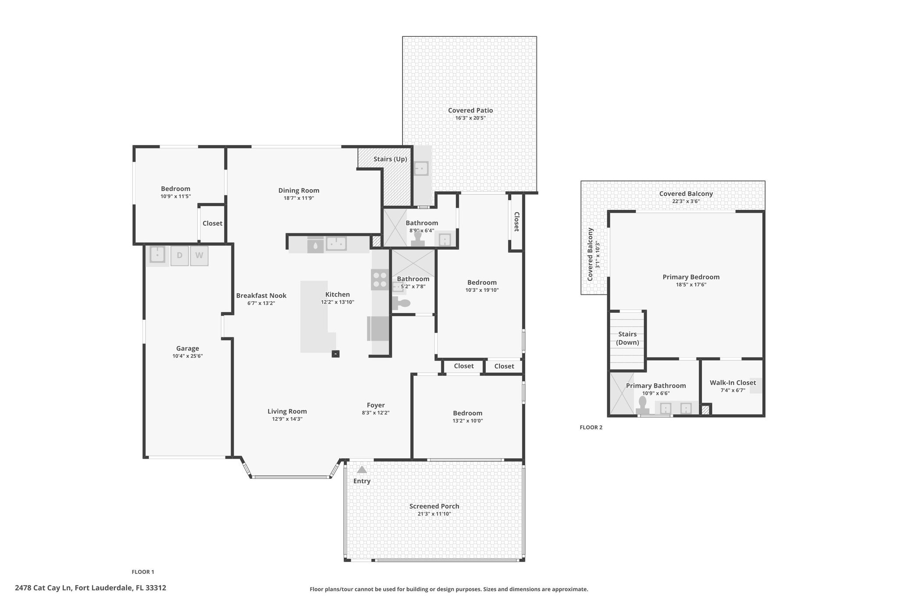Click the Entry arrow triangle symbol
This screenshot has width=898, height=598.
pos(362,470)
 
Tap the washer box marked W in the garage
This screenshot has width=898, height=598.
pos(199,255)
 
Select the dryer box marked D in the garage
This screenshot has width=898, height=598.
pos(179,255)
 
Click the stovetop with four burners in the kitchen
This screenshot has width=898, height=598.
pos(380,280)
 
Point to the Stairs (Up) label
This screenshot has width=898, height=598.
pos(390,159)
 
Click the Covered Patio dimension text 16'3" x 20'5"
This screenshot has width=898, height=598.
pos(470,118)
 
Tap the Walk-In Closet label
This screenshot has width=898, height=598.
pos(733,382)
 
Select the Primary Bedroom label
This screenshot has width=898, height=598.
pos(691,277)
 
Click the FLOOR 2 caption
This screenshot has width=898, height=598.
pos(591,428)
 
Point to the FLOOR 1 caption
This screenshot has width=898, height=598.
pos(143,572)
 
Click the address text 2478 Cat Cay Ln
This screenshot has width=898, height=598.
pos(43,588)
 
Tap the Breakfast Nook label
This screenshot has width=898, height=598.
pos(261,296)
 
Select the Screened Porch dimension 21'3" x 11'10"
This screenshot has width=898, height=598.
pos(435,514)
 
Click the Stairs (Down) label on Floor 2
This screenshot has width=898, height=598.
pos(627,338)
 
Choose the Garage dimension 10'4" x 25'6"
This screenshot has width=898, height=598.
pos(188,356)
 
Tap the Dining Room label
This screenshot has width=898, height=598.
pos(299,191)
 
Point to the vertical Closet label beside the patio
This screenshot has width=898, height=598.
pos(517,222)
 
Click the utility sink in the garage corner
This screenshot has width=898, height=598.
pos(157,255)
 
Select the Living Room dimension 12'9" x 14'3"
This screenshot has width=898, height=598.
pos(287,419)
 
